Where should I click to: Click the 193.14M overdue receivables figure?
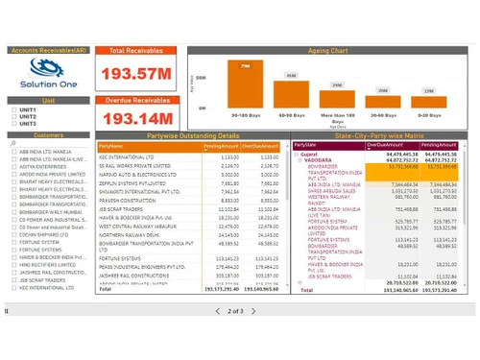click(x=137, y=118)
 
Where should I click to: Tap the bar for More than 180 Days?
click(x=337, y=101)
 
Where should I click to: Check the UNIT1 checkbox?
click(x=11, y=110)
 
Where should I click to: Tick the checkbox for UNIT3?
click(x=11, y=124)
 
